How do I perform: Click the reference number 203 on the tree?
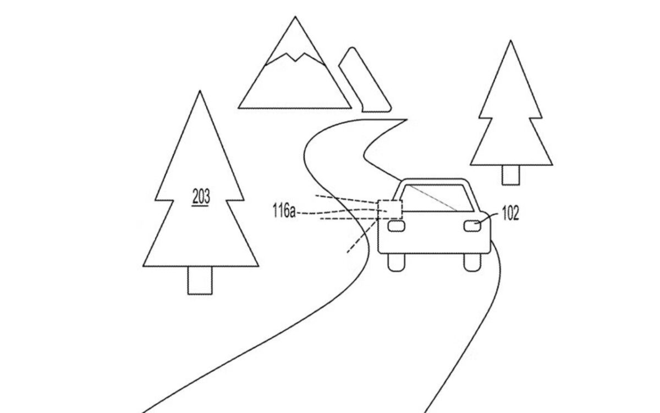pyautogui.click(x=201, y=197)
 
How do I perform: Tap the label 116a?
pyautogui.click(x=284, y=210)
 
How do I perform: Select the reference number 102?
pyautogui.click(x=510, y=213)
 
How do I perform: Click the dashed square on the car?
pyautogui.click(x=390, y=209)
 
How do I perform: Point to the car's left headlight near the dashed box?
pyautogui.click(x=397, y=226)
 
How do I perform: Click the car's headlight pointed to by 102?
pyautogui.click(x=472, y=226)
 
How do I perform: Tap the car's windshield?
pyautogui.click(x=438, y=198)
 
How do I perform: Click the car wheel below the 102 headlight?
pyautogui.click(x=472, y=262)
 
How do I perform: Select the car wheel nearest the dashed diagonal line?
pyautogui.click(x=397, y=262)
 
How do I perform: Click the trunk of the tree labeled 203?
pyautogui.click(x=200, y=280)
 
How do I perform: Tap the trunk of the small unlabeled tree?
pyautogui.click(x=510, y=175)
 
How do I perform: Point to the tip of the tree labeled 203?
pyautogui.click(x=200, y=91)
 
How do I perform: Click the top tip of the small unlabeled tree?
pyautogui.click(x=510, y=41)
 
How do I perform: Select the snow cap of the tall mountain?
pyautogui.click(x=295, y=41)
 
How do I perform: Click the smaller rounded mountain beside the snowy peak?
pyautogui.click(x=365, y=80)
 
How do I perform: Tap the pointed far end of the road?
pyautogui.click(x=407, y=119)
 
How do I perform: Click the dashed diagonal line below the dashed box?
pyautogui.click(x=362, y=237)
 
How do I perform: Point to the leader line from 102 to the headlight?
pyautogui.click(x=488, y=218)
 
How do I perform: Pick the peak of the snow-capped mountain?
pyautogui.click(x=295, y=17)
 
